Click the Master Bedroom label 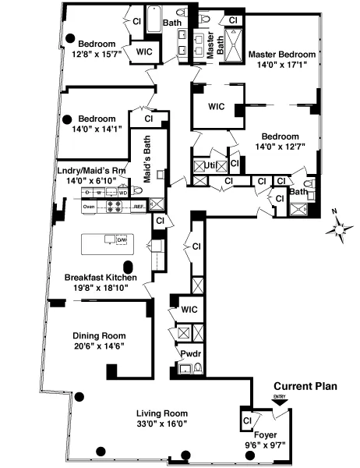click(x=282, y=55)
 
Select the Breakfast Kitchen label click(x=101, y=278)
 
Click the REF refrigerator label click(x=138, y=207)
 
